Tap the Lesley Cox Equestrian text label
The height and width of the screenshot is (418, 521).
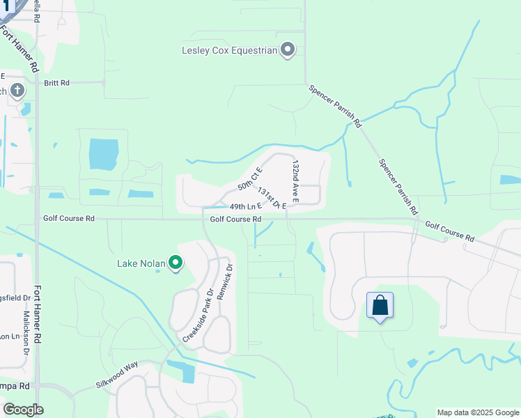(x=229, y=50)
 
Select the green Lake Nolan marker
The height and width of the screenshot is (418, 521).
(x=176, y=263)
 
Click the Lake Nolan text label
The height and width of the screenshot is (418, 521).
(x=141, y=263)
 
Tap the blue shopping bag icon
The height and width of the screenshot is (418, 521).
(x=380, y=305)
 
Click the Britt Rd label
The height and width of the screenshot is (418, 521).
(x=57, y=83)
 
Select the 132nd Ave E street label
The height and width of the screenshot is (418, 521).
(x=295, y=181)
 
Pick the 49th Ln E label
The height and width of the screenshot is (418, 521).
(x=245, y=207)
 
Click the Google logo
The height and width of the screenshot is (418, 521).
(x=23, y=410)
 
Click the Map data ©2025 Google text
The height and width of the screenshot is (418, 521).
(x=477, y=412)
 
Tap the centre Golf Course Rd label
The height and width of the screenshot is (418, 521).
(x=235, y=219)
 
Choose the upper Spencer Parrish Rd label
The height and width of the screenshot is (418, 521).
(x=335, y=106)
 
